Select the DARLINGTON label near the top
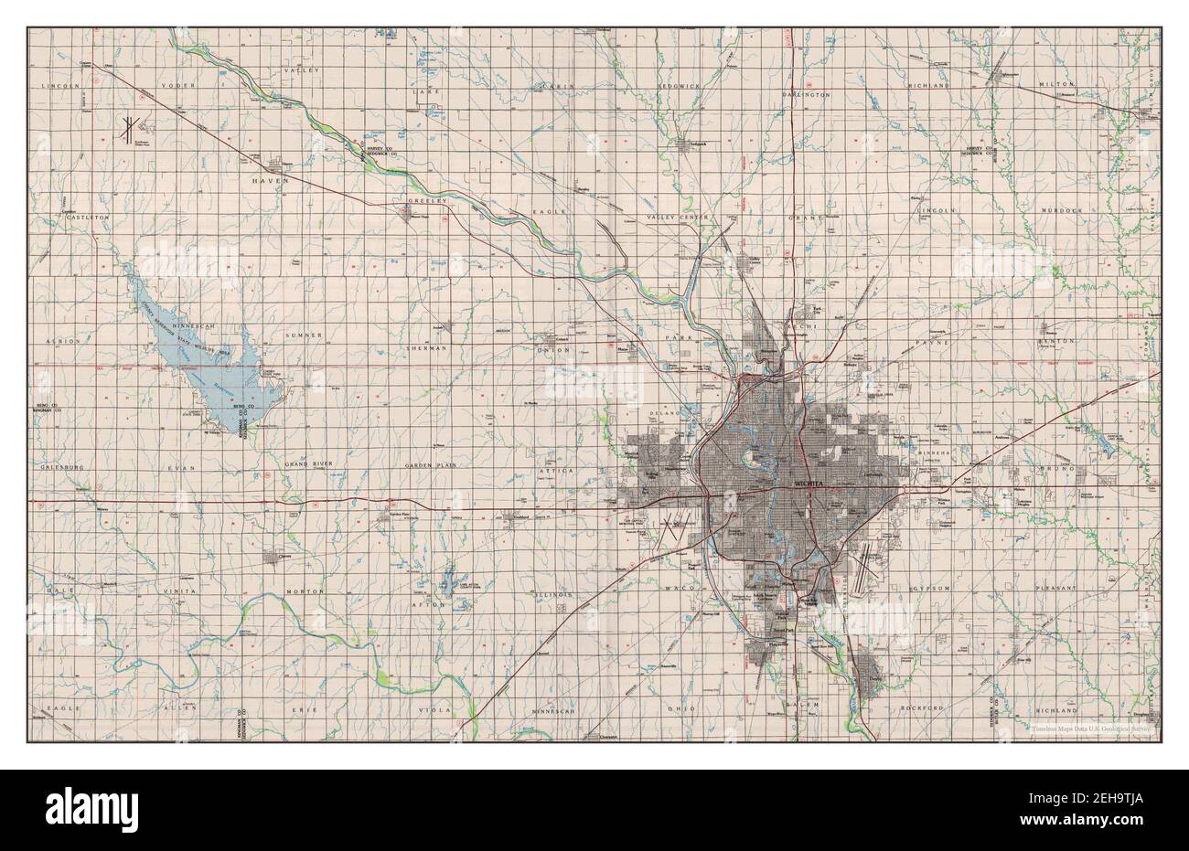point(807,94)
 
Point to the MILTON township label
point(1056,84)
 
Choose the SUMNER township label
point(305,336)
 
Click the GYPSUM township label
point(931,590)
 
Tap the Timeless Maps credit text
point(1095,729)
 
